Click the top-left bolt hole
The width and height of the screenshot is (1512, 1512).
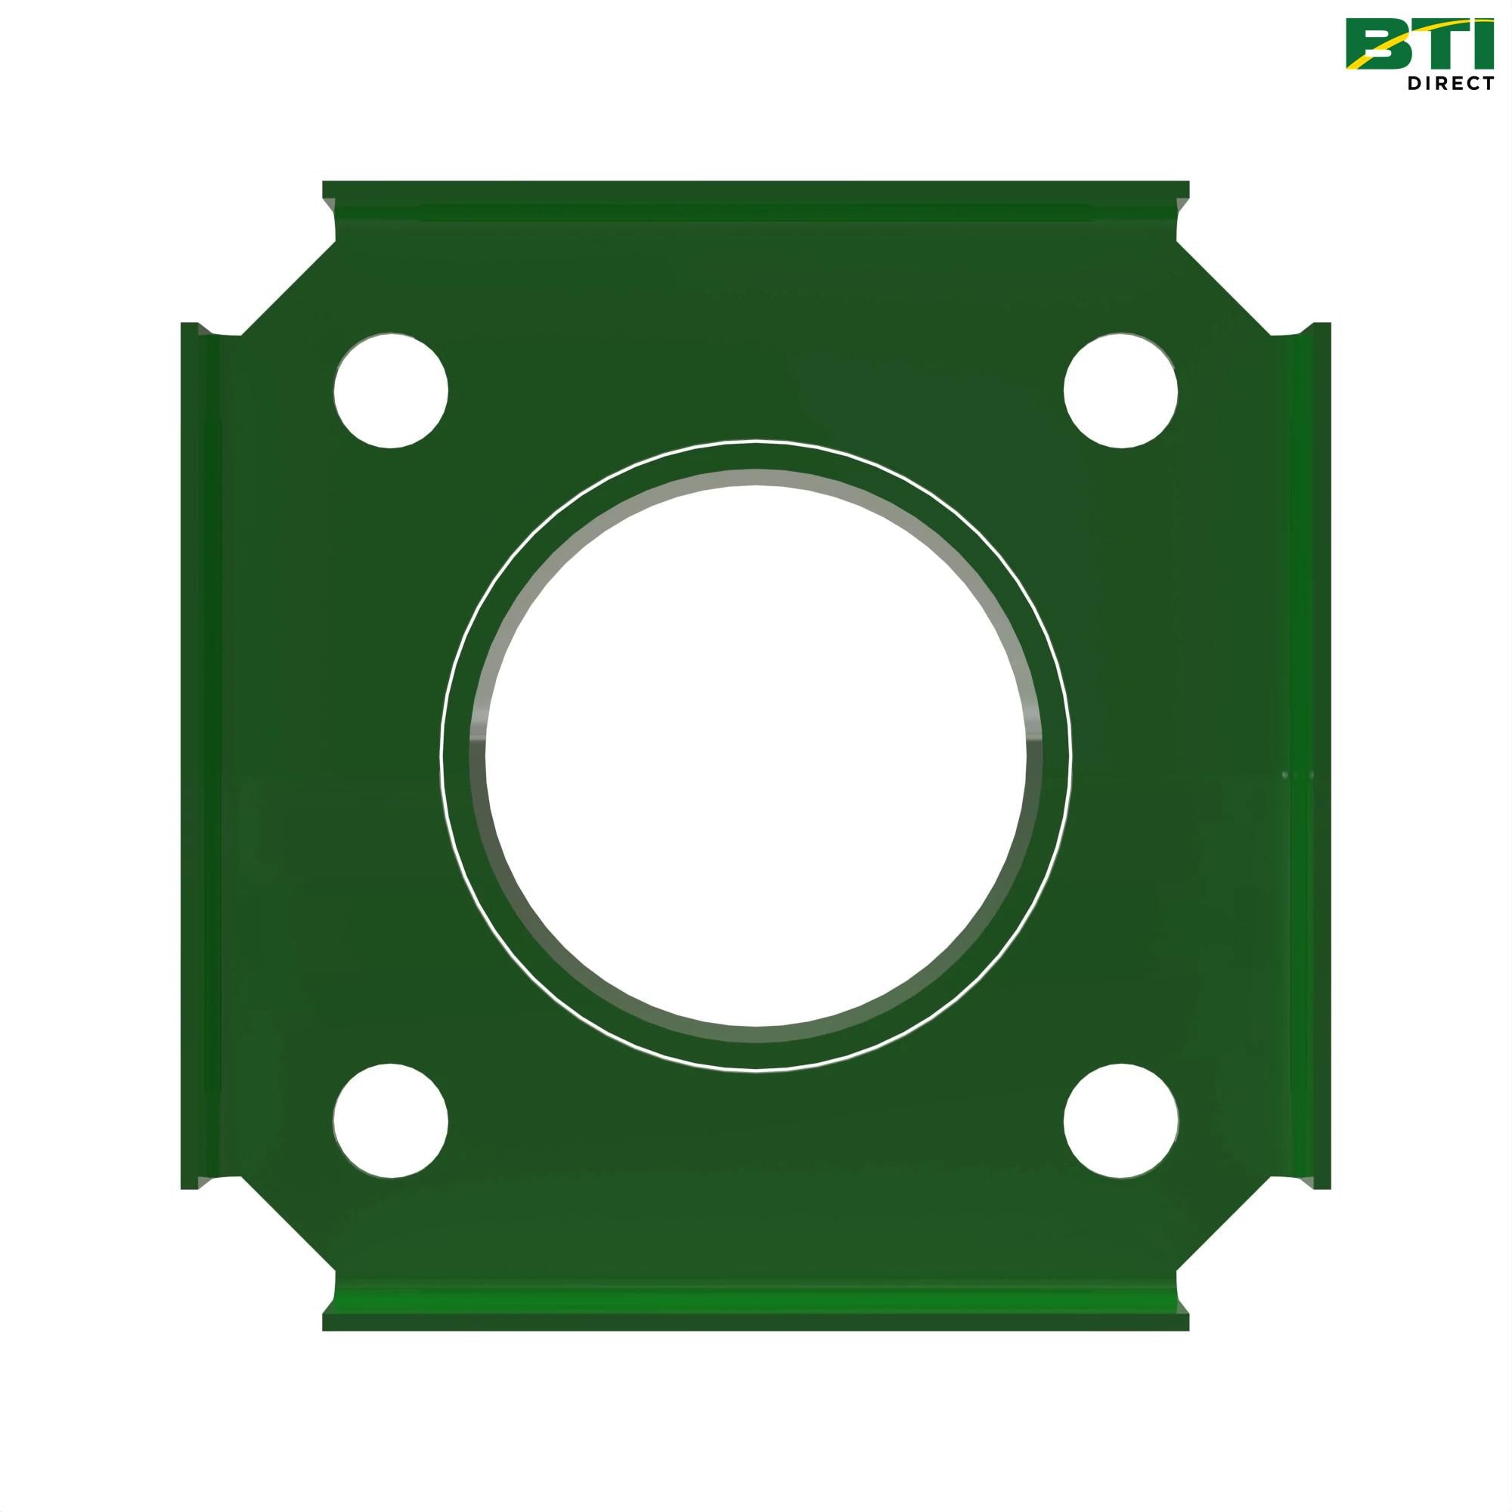[x=391, y=391]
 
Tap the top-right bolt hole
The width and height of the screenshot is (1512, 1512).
[x=1120, y=391]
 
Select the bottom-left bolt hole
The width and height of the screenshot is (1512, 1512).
[x=391, y=1120]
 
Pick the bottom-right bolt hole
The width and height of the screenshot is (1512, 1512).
[x=1120, y=1120]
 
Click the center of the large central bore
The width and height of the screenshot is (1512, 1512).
[x=756, y=756]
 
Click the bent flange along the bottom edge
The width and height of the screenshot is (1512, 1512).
[x=756, y=1311]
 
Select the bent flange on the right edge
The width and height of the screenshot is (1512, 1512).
[x=1311, y=756]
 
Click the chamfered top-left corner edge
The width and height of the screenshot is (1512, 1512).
[x=288, y=288]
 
